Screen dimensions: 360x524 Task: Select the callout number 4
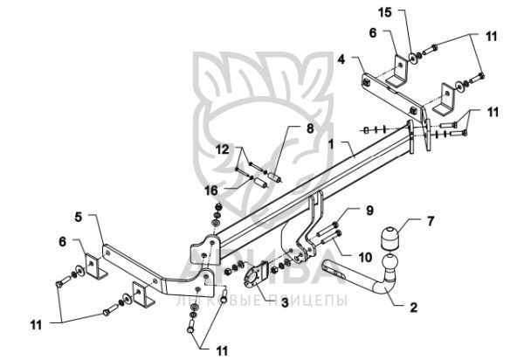click(342, 60)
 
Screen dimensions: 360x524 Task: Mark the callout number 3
click(259, 301)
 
